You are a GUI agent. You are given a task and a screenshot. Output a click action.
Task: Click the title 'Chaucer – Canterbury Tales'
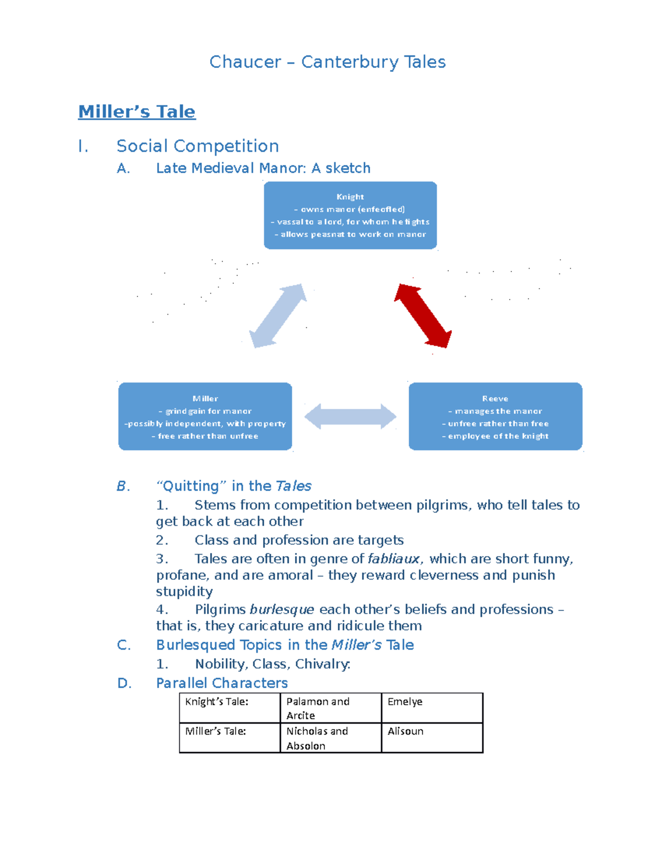(x=327, y=62)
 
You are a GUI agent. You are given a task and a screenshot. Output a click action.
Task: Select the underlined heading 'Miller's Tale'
(x=137, y=111)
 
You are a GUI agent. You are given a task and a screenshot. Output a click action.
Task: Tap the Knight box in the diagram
(x=350, y=215)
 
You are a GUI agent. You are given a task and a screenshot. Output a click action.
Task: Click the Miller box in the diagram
(x=205, y=416)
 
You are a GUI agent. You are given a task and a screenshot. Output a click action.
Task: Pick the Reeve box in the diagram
(x=495, y=416)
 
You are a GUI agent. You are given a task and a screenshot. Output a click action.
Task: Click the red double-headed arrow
(x=423, y=316)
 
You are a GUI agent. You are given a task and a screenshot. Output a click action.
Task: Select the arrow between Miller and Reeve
(x=350, y=416)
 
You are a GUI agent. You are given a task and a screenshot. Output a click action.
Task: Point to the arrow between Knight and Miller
(x=278, y=316)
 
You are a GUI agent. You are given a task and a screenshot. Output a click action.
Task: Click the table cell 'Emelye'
(x=432, y=708)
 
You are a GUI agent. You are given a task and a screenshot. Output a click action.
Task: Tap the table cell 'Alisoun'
(x=432, y=738)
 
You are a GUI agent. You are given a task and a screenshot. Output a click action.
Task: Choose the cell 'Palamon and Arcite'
(x=331, y=708)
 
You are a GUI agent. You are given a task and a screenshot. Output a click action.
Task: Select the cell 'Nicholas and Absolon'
(x=331, y=738)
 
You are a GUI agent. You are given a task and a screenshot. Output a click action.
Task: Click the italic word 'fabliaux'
(x=393, y=559)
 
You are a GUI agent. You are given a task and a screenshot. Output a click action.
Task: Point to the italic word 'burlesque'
(x=282, y=610)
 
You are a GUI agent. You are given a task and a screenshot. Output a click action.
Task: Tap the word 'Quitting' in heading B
(x=190, y=486)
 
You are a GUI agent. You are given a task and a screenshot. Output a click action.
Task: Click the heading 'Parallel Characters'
(x=222, y=683)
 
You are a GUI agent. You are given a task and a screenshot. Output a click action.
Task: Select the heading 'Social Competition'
(x=198, y=146)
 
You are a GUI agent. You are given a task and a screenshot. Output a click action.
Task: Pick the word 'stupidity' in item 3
(x=184, y=592)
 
